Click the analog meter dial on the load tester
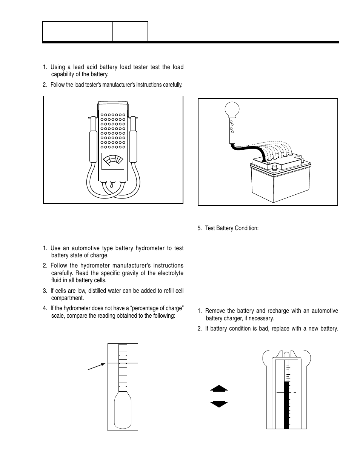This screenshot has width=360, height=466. (x=113, y=161)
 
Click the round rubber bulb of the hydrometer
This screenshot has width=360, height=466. (x=232, y=110)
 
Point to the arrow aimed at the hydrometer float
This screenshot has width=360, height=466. (x=97, y=366)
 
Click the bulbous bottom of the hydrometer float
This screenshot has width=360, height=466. (x=123, y=411)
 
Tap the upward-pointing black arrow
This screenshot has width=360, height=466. (x=219, y=388)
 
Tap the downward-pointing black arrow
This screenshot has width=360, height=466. (x=219, y=404)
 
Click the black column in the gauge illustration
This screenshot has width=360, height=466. (x=286, y=406)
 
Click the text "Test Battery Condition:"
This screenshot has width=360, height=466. (x=232, y=228)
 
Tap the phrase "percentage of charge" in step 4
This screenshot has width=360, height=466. (x=158, y=308)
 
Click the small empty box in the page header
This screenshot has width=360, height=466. (x=130, y=31)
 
